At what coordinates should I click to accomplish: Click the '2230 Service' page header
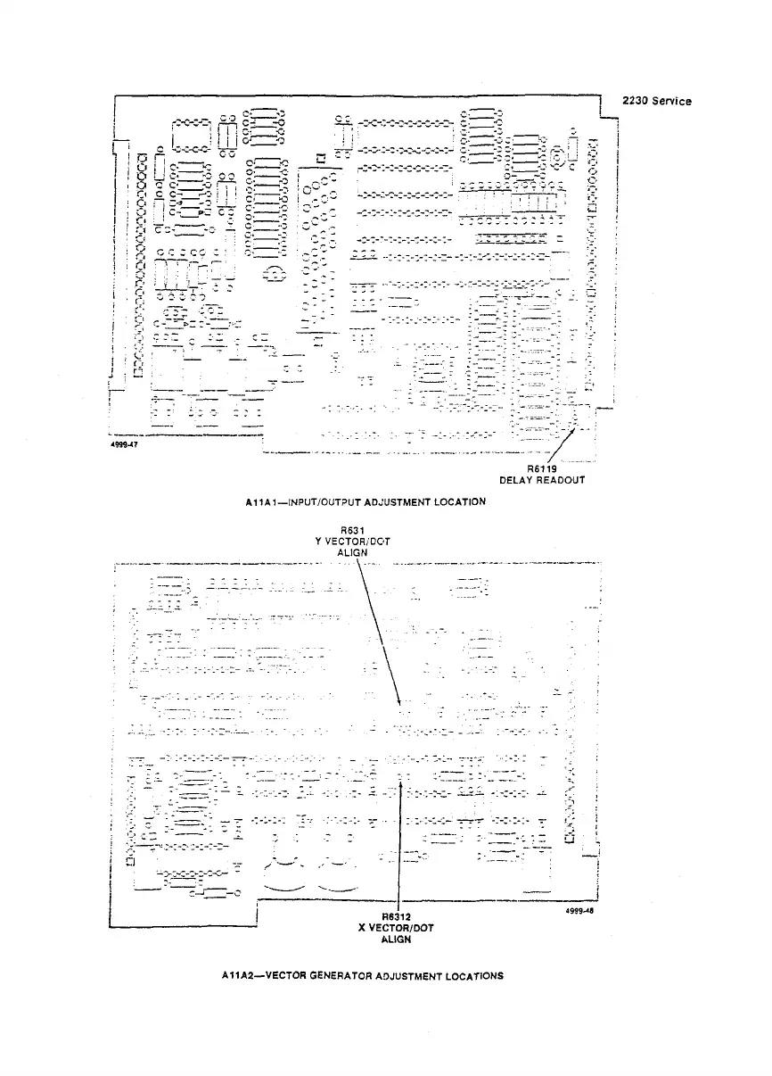pyautogui.click(x=659, y=101)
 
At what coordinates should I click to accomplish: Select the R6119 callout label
pyautogui.click(x=541, y=468)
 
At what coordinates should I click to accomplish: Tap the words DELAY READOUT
pyautogui.click(x=542, y=479)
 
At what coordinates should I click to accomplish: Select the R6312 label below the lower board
pyautogui.click(x=396, y=916)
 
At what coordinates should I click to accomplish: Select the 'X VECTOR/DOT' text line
pyautogui.click(x=396, y=928)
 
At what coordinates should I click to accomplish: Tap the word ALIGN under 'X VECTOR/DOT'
pyautogui.click(x=396, y=939)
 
